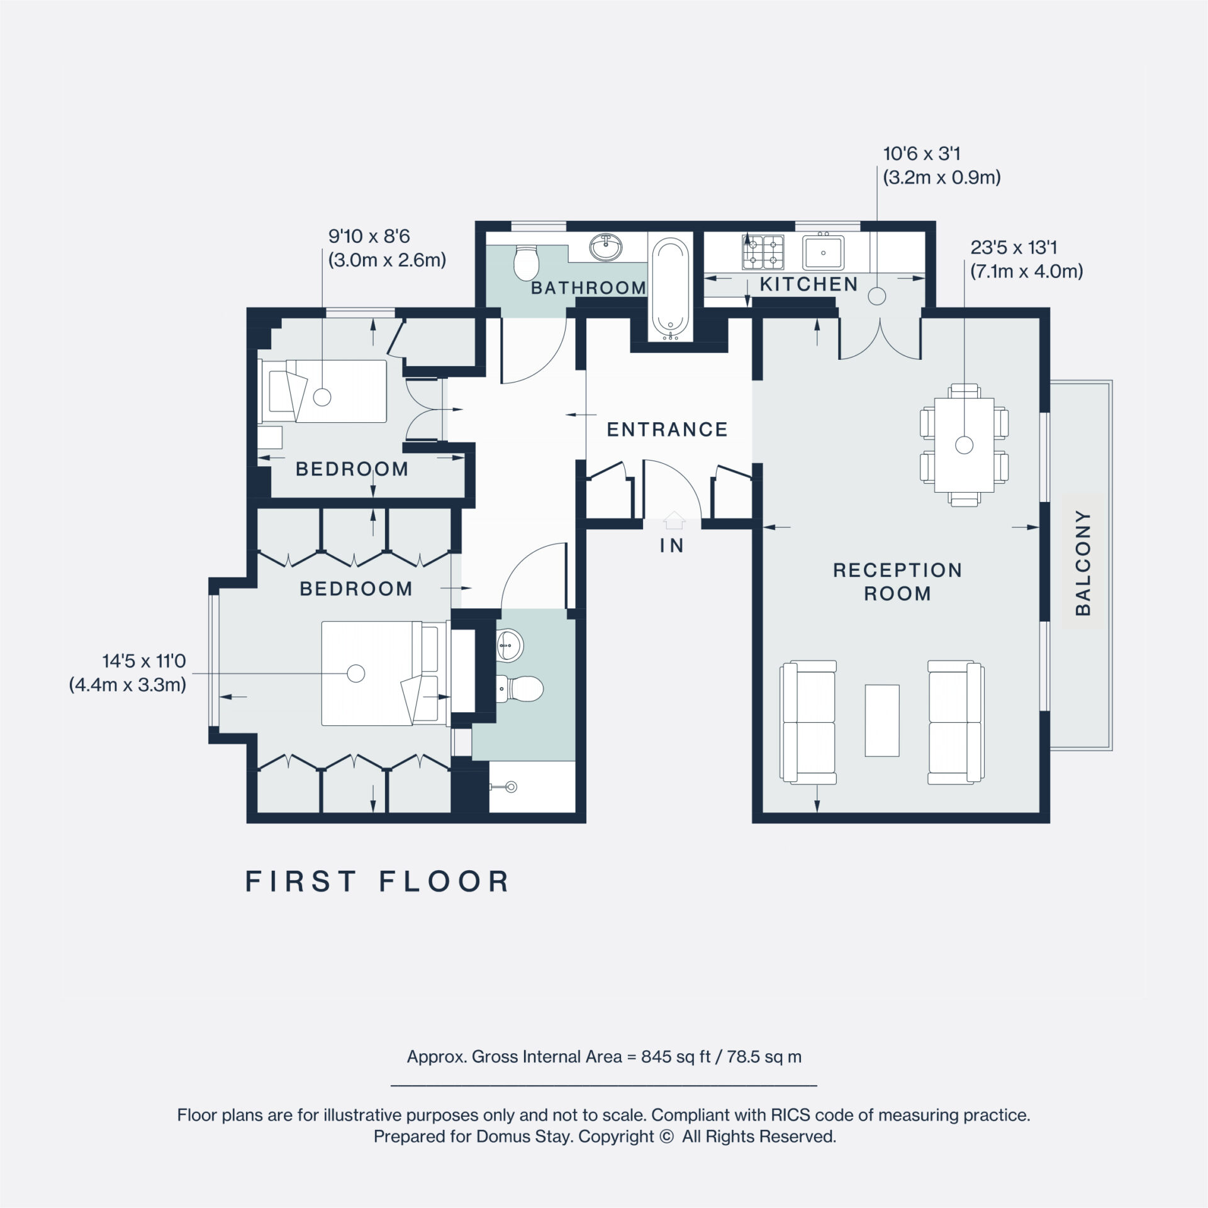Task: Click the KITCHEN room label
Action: [x=808, y=284]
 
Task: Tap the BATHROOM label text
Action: [x=588, y=288]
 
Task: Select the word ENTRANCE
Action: [x=667, y=430]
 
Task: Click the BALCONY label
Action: [x=1083, y=562]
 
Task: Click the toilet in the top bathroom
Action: [x=526, y=263]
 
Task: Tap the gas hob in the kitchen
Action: [x=763, y=250]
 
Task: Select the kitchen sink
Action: [x=823, y=251]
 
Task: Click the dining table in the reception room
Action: [x=964, y=445]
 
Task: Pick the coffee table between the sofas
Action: [x=882, y=720]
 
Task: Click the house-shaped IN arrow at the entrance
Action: [x=673, y=519]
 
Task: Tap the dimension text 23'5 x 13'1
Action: [x=1014, y=247]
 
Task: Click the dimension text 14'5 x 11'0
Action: [x=144, y=661]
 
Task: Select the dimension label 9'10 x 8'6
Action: [x=369, y=236]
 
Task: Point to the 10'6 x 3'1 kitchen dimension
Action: [x=922, y=154]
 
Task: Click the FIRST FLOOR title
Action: [x=377, y=881]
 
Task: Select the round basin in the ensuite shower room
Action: [x=510, y=646]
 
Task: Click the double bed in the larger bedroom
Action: [x=377, y=673]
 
